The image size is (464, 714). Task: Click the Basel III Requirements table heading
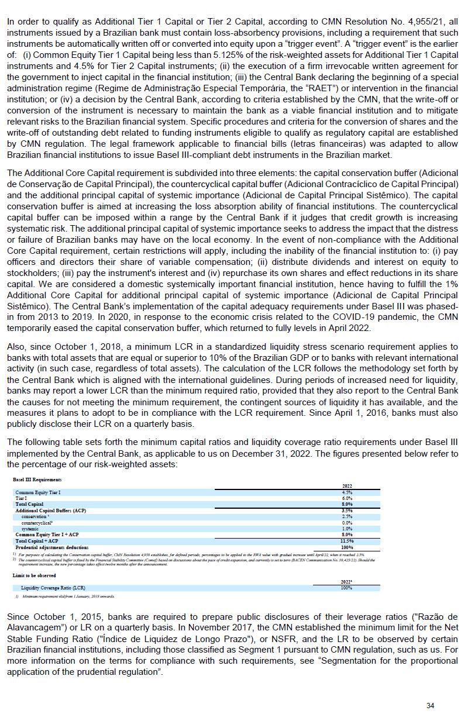click(x=37, y=480)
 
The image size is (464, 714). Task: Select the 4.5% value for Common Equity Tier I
click(x=347, y=493)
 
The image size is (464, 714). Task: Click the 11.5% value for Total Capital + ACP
click(x=347, y=541)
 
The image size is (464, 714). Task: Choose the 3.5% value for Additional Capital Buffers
click(x=347, y=511)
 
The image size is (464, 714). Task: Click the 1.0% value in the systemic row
click(x=347, y=529)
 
